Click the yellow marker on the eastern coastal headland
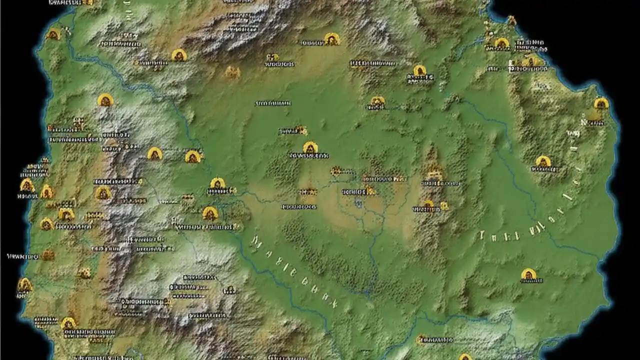coord(601,103)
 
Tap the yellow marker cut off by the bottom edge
coord(465,357)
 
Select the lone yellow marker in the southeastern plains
coord(528,274)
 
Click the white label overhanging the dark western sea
coord(22,256)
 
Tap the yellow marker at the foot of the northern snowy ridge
coord(178,55)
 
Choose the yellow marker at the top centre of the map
coord(331,38)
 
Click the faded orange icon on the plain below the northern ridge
coord(232,72)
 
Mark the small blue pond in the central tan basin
coord(358,202)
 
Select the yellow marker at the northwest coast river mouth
coord(53,34)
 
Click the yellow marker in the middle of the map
coord(310,148)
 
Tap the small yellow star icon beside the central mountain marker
coord(444,205)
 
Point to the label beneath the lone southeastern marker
coord(531,281)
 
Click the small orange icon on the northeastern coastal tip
coord(511,20)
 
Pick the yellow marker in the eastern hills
coord(543,161)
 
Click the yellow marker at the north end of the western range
coord(105,100)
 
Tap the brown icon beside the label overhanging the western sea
coord(47,255)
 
